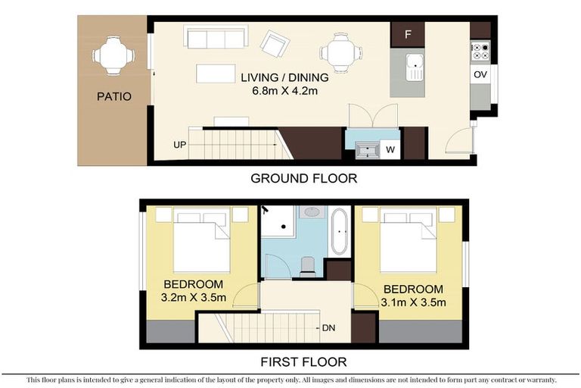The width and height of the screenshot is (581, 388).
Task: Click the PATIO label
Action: [113, 97]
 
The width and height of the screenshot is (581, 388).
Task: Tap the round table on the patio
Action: [113, 55]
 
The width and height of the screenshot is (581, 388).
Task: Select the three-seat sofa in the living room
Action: [216, 37]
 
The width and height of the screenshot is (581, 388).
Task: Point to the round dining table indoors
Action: [334, 53]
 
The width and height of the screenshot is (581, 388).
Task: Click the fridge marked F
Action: [408, 34]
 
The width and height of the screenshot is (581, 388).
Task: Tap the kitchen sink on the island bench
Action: [414, 67]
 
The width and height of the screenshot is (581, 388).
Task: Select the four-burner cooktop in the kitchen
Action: [480, 52]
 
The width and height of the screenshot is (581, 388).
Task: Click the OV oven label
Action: [480, 75]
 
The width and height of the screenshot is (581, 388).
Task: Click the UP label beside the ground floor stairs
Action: [180, 143]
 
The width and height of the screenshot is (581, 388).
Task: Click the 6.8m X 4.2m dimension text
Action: [284, 91]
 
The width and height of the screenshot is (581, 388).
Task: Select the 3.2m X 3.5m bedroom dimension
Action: [195, 297]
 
